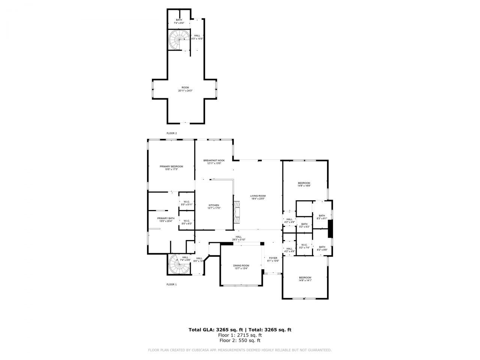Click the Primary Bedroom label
pyautogui.click(x=171, y=166)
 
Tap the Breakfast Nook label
pyautogui.click(x=214, y=160)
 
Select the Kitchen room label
pyautogui.click(x=214, y=205)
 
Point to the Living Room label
pyautogui.click(x=258, y=196)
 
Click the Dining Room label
pyautogui.click(x=242, y=265)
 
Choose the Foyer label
pyautogui.click(x=273, y=258)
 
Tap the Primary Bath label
pyautogui.click(x=166, y=218)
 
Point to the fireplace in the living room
pyautogui.click(x=237, y=212)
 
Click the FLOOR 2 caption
pyautogui.click(x=172, y=133)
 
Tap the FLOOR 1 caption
pyautogui.click(x=171, y=285)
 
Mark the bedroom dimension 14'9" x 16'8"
pyautogui.click(x=304, y=186)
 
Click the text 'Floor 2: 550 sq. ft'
pyautogui.click(x=240, y=340)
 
